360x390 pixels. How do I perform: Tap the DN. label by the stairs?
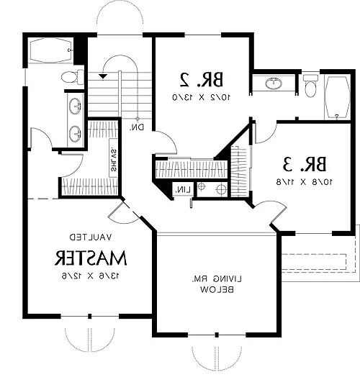pyautogui.click(x=137, y=127)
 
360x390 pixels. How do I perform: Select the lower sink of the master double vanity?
pyautogui.click(x=74, y=132)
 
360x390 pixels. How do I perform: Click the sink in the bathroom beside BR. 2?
pyautogui.click(x=274, y=84)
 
